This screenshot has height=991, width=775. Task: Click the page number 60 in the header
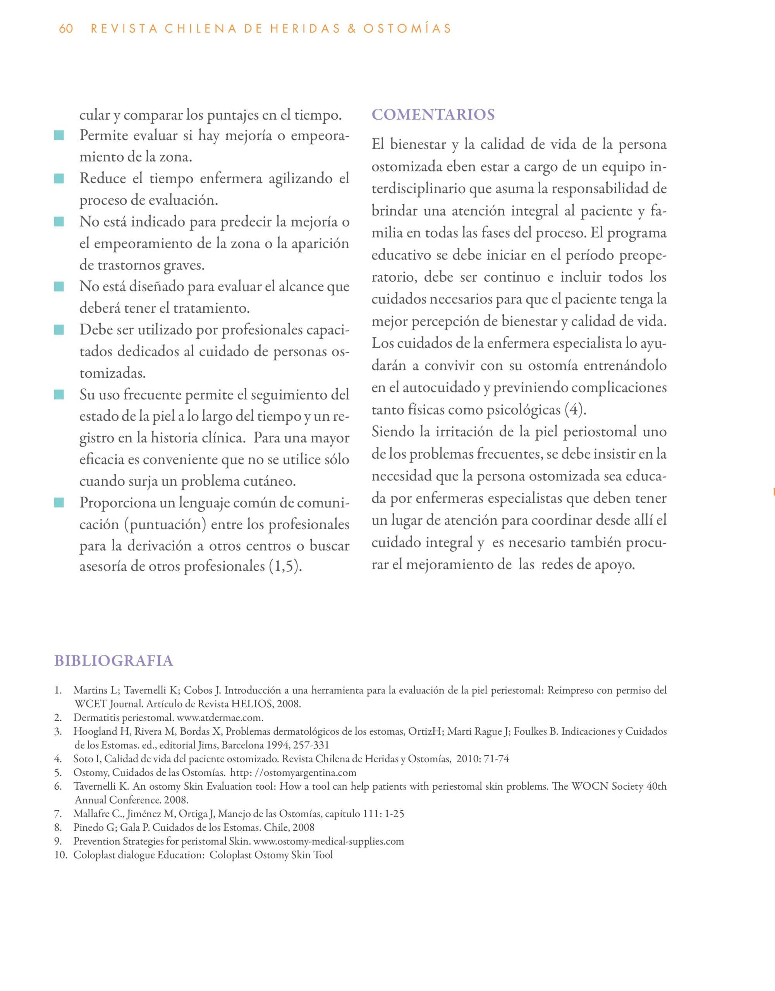pos(66,29)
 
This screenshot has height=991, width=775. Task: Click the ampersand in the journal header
pos(351,29)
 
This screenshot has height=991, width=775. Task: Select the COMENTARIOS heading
pos(433,115)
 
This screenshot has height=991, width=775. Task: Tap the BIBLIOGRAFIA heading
pos(114,661)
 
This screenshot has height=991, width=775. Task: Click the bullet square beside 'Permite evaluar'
pos(58,135)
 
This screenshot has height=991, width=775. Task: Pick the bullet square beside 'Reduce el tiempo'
pos(58,179)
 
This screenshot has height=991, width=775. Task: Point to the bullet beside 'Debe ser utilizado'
pos(58,329)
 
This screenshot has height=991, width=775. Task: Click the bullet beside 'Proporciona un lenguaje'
pos(58,503)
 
